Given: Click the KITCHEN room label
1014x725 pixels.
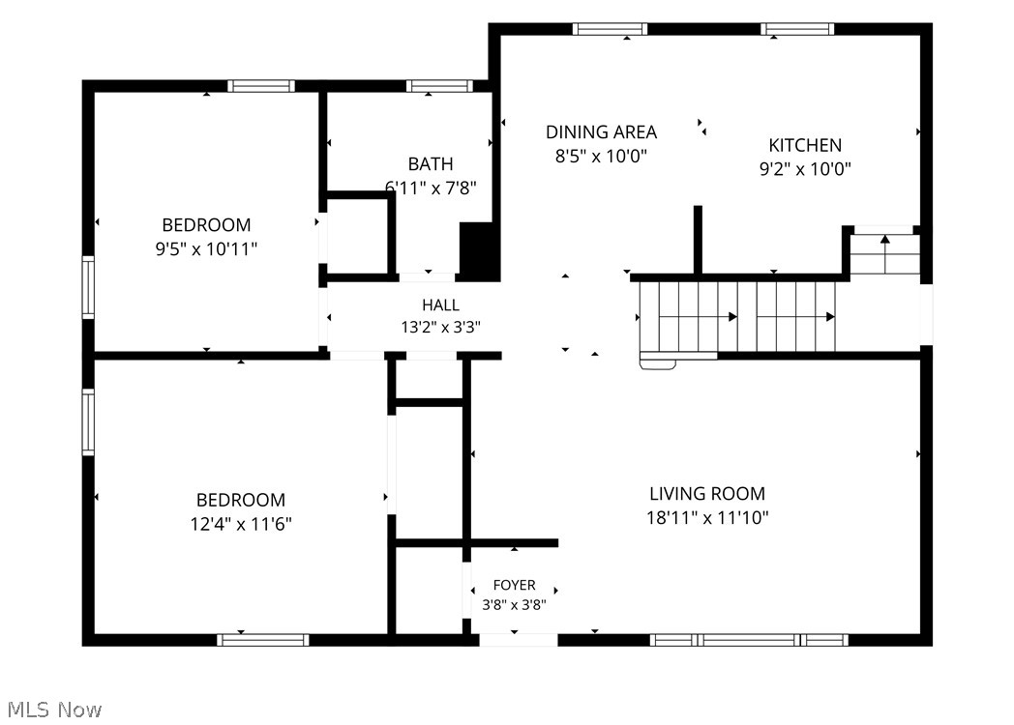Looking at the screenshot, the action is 804,145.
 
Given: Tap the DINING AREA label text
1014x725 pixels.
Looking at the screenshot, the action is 601,132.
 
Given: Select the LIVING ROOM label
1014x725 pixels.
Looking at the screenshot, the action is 707,494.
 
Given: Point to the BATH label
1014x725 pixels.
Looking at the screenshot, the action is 430,164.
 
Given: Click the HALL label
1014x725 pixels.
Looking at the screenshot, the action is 440,305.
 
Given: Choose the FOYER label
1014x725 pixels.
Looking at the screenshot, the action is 514,586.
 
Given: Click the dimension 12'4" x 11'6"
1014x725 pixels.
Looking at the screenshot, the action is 241,524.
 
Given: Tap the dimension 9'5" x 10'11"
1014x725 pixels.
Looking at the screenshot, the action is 206,248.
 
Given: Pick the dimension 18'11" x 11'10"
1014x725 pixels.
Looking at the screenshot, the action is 707,517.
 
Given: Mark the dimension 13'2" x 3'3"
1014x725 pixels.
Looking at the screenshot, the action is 440,327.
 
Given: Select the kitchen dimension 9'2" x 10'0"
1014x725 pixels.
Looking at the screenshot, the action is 804,169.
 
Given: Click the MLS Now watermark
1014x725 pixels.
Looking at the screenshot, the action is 55,710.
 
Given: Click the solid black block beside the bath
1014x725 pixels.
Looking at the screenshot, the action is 479,250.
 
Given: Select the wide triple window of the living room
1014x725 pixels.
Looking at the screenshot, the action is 749,640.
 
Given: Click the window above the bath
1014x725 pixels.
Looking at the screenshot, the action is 439,86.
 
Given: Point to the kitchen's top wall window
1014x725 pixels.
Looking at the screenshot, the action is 796,29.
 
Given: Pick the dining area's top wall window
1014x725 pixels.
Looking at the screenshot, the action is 610,29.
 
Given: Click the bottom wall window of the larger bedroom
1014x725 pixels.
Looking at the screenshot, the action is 262,640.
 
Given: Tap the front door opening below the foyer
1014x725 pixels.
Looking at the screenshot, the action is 518,640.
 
